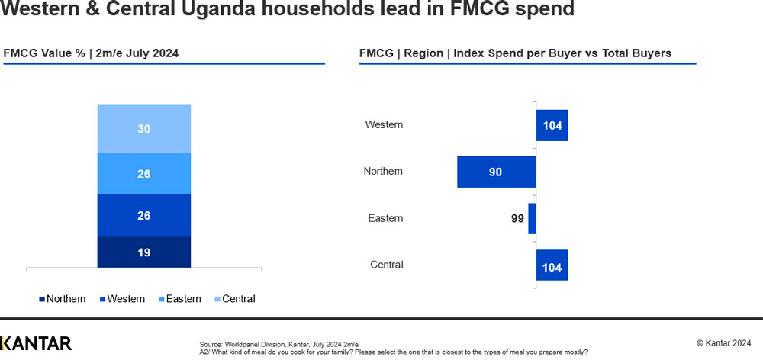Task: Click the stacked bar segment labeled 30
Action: coord(144,129)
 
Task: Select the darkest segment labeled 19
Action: coord(144,252)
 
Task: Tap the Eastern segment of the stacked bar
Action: coord(144,174)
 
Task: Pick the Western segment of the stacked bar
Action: coord(144,216)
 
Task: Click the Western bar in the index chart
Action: coord(552,125)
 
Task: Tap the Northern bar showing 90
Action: coord(496,172)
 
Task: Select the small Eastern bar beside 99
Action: coord(532,219)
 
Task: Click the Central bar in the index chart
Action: coord(552,265)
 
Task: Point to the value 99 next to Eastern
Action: coord(517,219)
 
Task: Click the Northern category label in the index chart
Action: coord(383,172)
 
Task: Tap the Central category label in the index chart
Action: coord(387,265)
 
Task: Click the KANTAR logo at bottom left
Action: coord(36,343)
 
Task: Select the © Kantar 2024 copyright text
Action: coord(724,342)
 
